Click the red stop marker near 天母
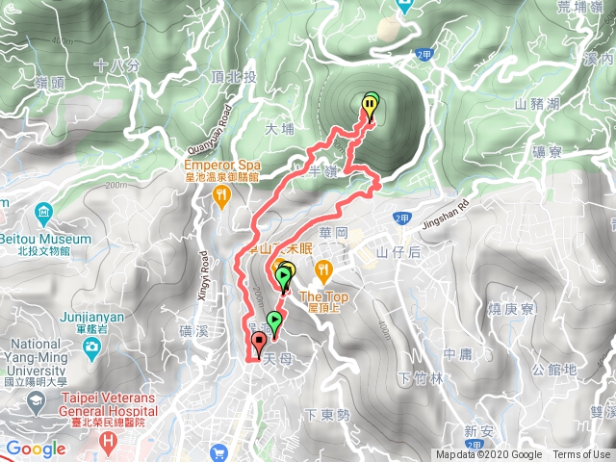(259, 344)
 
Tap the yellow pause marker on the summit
(372, 104)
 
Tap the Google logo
(35, 449)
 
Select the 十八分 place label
(117, 66)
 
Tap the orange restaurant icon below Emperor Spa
(221, 194)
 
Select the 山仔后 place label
(400, 252)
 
